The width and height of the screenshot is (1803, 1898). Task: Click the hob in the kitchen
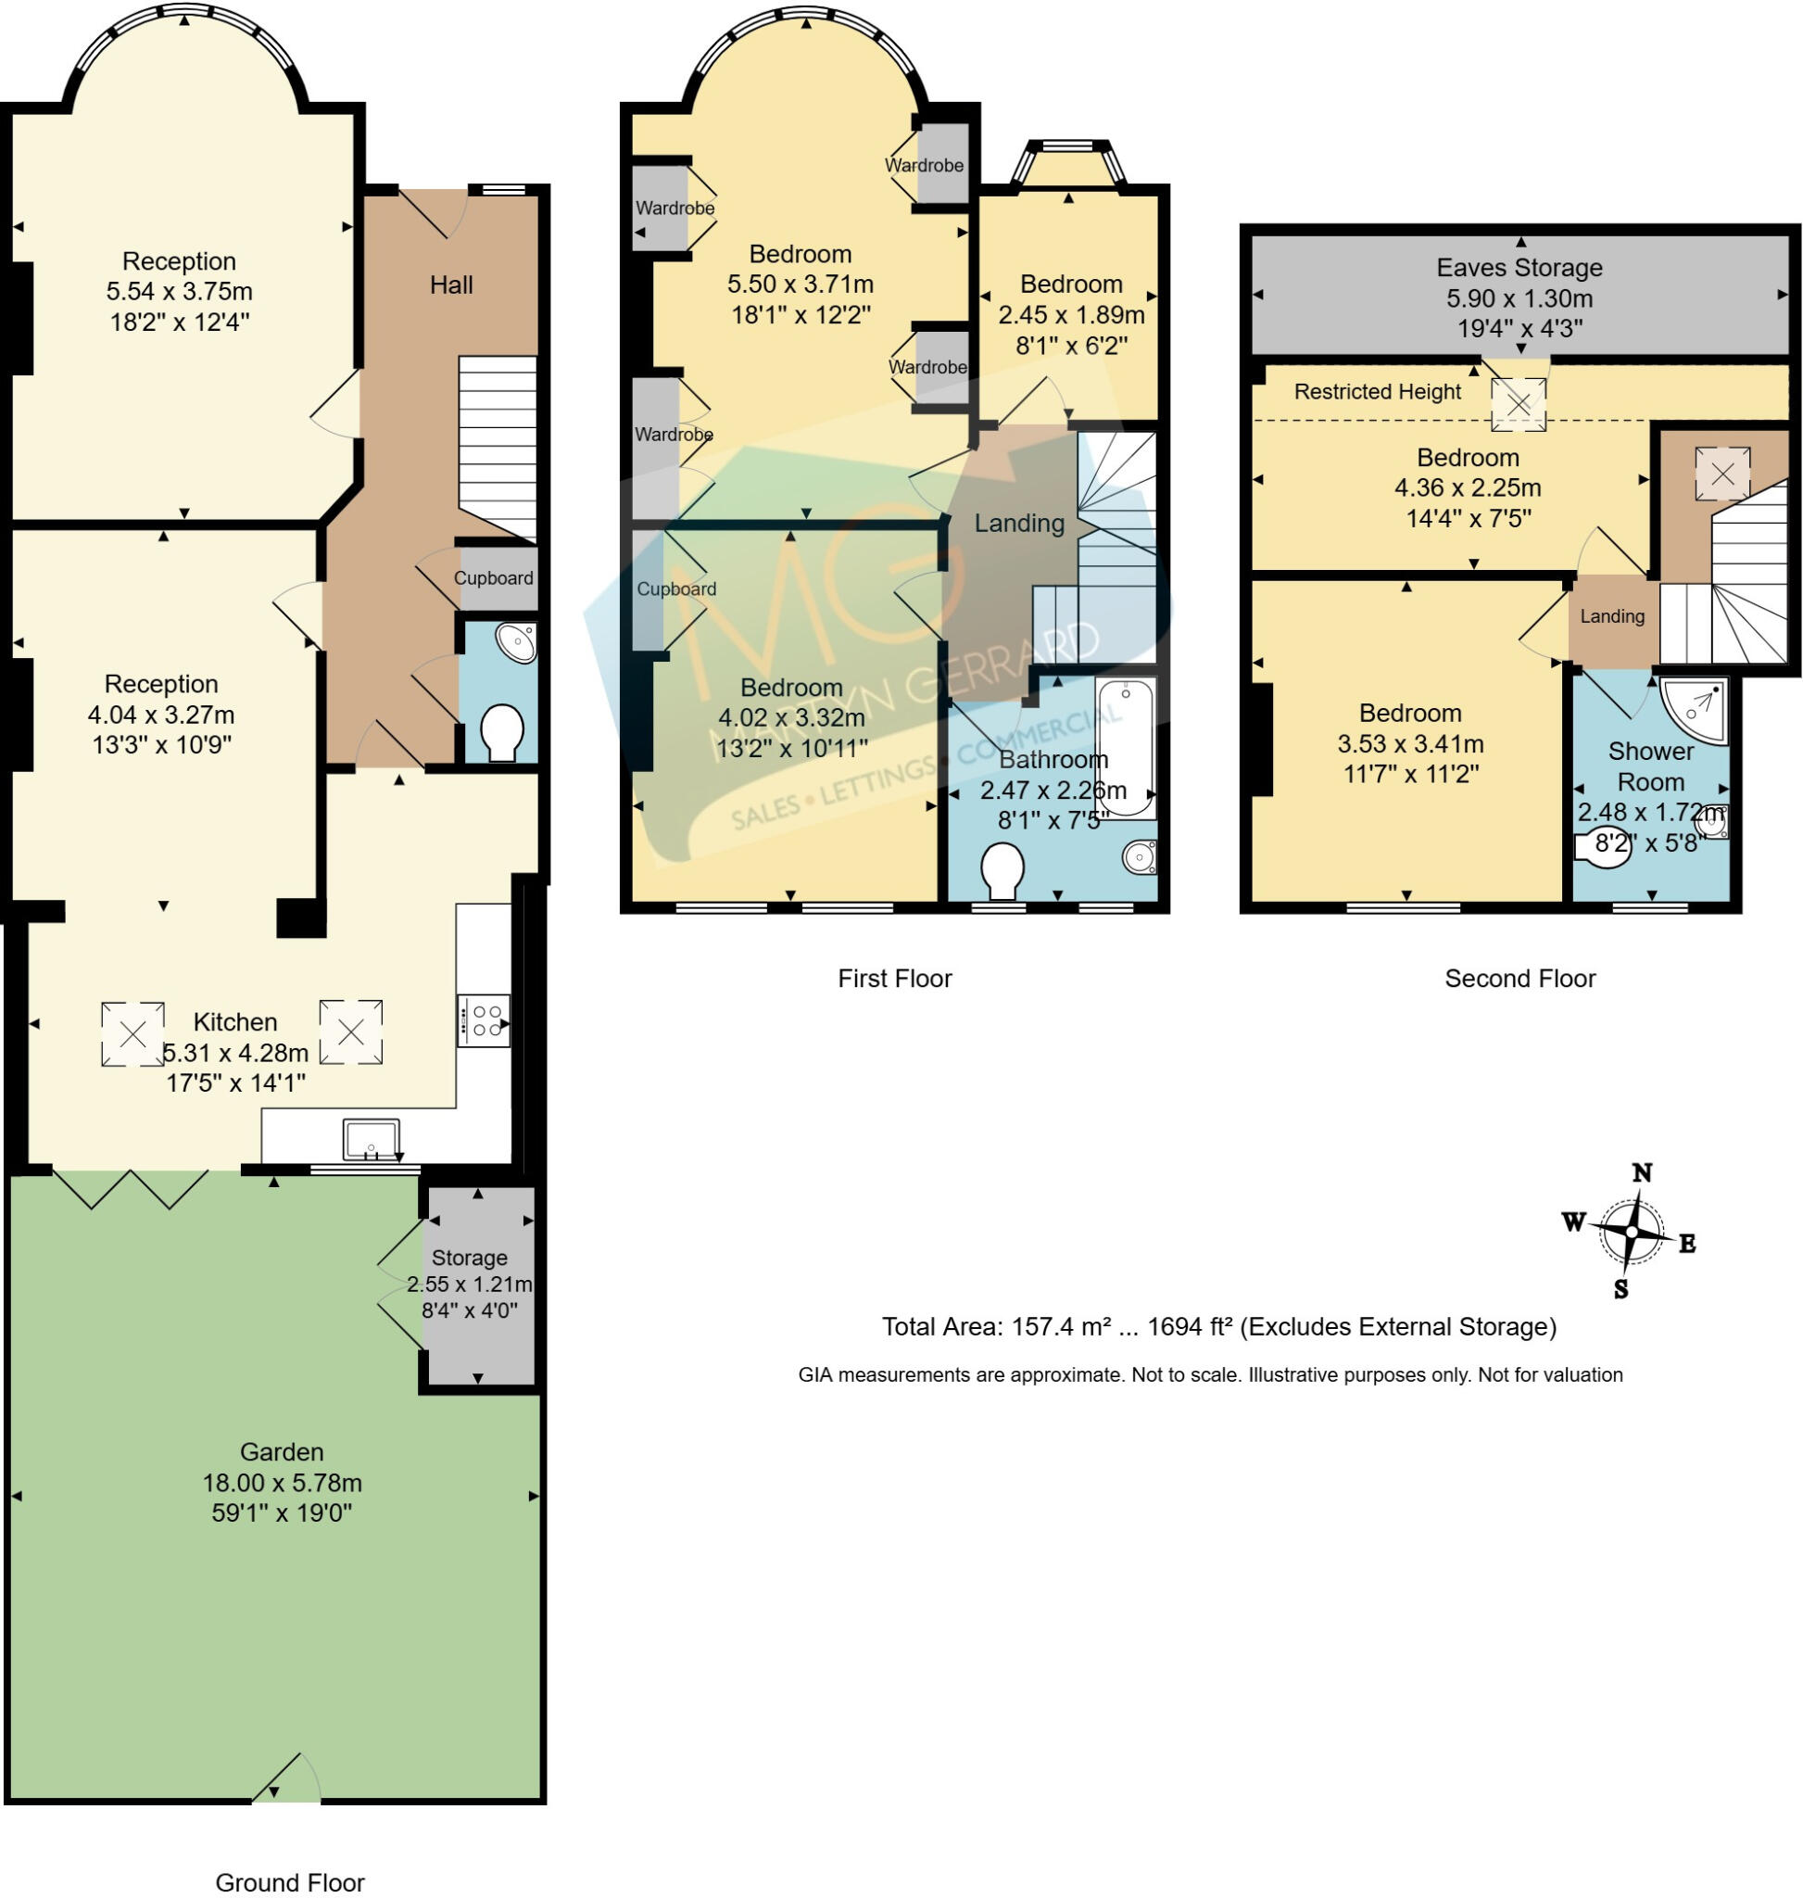[x=484, y=1020]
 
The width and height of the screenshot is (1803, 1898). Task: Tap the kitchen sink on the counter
[x=371, y=1140]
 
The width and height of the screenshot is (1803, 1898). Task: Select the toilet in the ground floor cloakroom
[x=500, y=733]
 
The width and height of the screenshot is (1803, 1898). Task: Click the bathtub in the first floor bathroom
[x=1126, y=748]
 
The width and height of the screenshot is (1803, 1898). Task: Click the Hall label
[x=450, y=285]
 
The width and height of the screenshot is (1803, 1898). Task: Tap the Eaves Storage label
[x=1519, y=267]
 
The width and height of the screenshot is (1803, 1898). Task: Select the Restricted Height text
[x=1377, y=391]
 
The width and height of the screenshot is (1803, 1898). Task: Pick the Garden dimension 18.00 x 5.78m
[x=282, y=1482]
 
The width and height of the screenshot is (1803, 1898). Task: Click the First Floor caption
[x=895, y=978]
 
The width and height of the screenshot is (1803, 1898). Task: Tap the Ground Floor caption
[x=290, y=1881]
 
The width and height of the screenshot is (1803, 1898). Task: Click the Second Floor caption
[x=1519, y=978]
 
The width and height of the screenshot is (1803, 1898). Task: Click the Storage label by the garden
[x=469, y=1258]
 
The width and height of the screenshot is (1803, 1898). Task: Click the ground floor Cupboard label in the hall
[x=493, y=578]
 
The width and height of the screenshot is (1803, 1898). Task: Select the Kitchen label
[x=235, y=1021]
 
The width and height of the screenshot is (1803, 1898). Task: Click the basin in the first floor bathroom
[x=1140, y=855]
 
